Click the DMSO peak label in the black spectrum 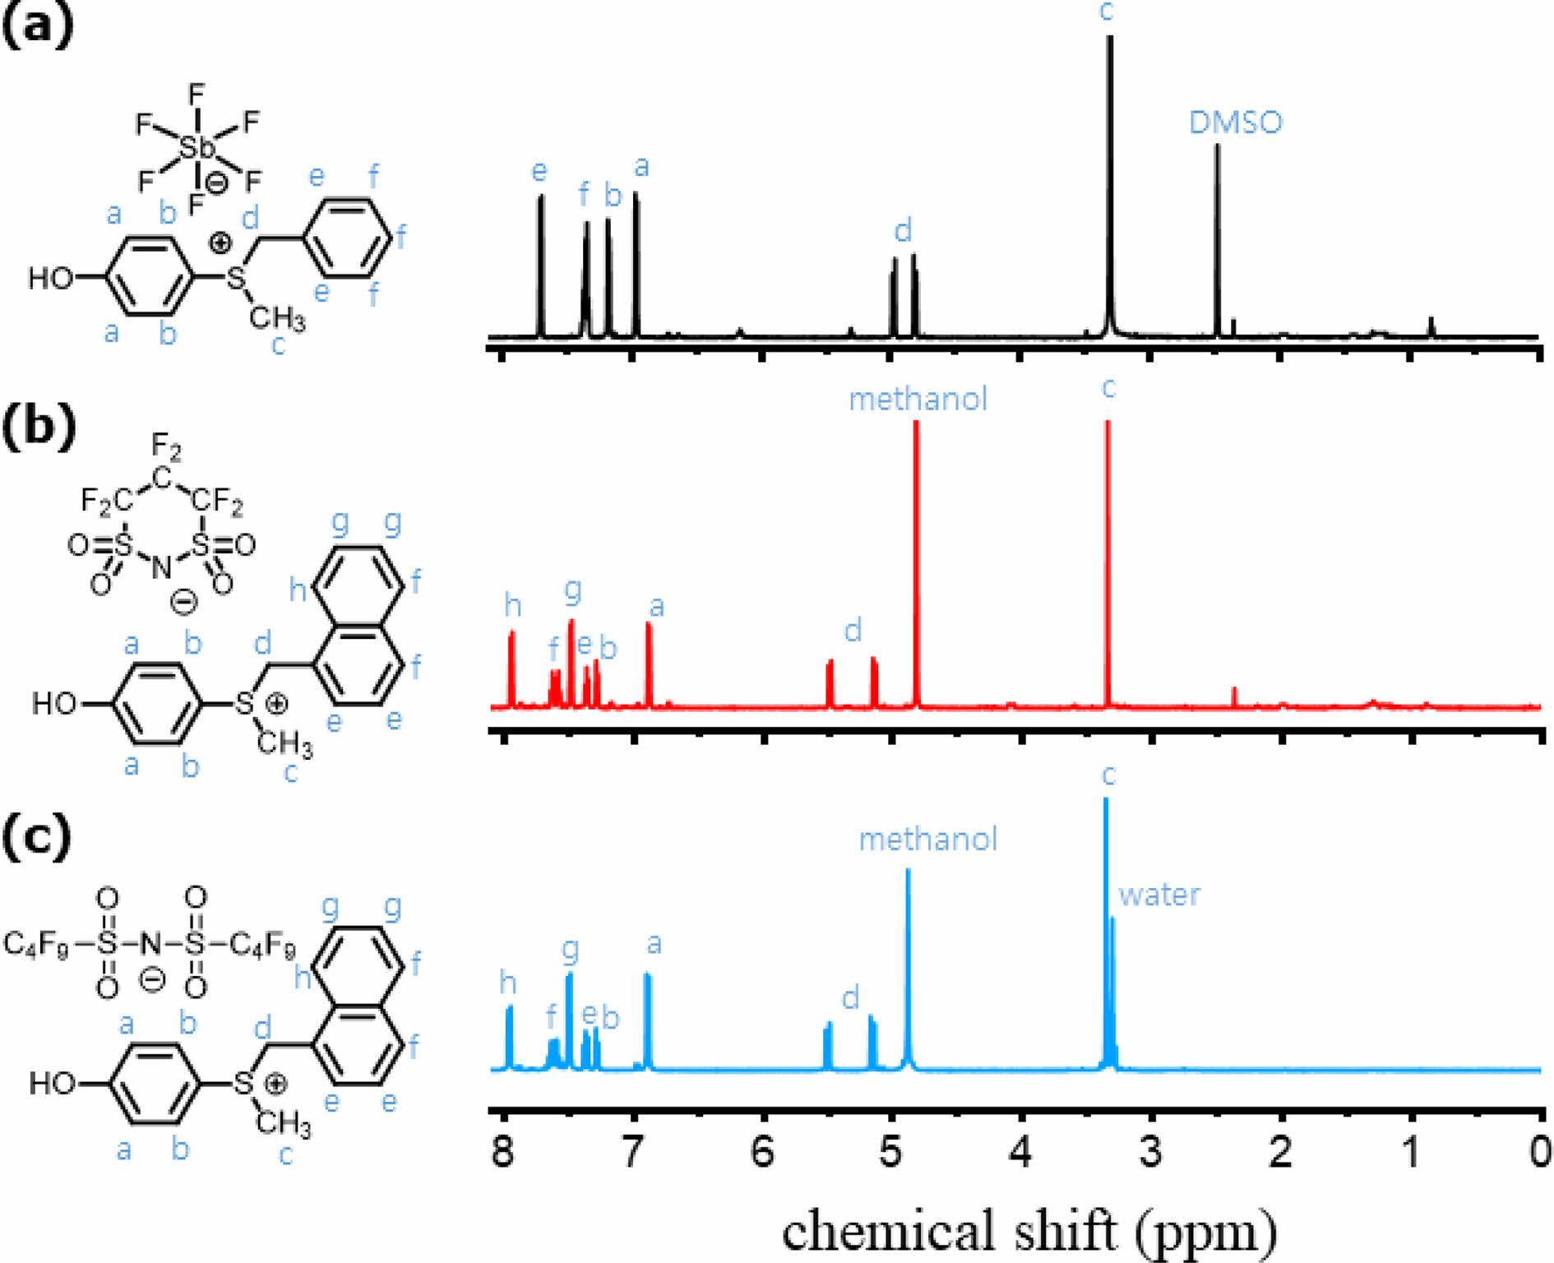point(1235,123)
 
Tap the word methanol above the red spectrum point(918,400)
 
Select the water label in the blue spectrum point(1159,895)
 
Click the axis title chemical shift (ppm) point(1029,1231)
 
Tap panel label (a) point(38,26)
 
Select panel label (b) point(39,427)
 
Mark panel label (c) point(37,837)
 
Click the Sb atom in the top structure point(197,148)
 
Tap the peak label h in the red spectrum point(513,606)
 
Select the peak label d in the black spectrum point(903,230)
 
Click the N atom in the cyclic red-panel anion point(162,567)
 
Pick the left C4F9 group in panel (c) point(36,944)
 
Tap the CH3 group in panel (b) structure point(284,744)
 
